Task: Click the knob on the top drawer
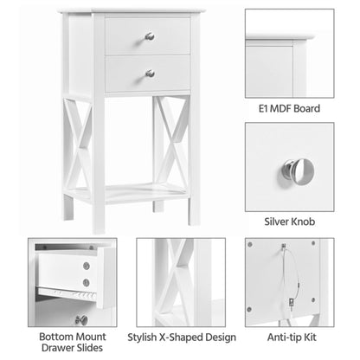click(149, 35)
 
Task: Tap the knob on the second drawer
click(149, 73)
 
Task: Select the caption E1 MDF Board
click(289, 109)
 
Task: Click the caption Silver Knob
click(289, 222)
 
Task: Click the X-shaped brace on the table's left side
click(79, 143)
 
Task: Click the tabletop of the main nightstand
click(130, 10)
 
